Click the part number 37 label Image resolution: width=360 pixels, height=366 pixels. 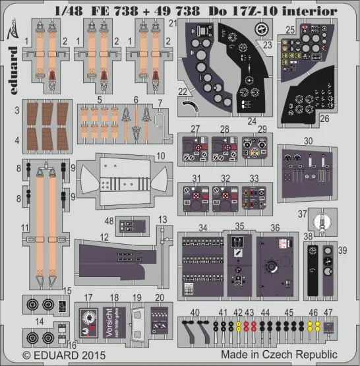[x=301, y=214]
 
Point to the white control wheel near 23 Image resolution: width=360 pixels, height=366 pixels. [x=262, y=30]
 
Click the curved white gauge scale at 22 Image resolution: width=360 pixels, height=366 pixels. [x=191, y=104]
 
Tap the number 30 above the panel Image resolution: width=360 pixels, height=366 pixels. [x=308, y=140]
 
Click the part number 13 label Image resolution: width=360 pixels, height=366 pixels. [x=163, y=219]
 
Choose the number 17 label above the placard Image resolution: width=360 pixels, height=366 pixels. [x=89, y=297]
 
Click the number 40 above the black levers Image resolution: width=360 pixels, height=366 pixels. [x=195, y=311]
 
